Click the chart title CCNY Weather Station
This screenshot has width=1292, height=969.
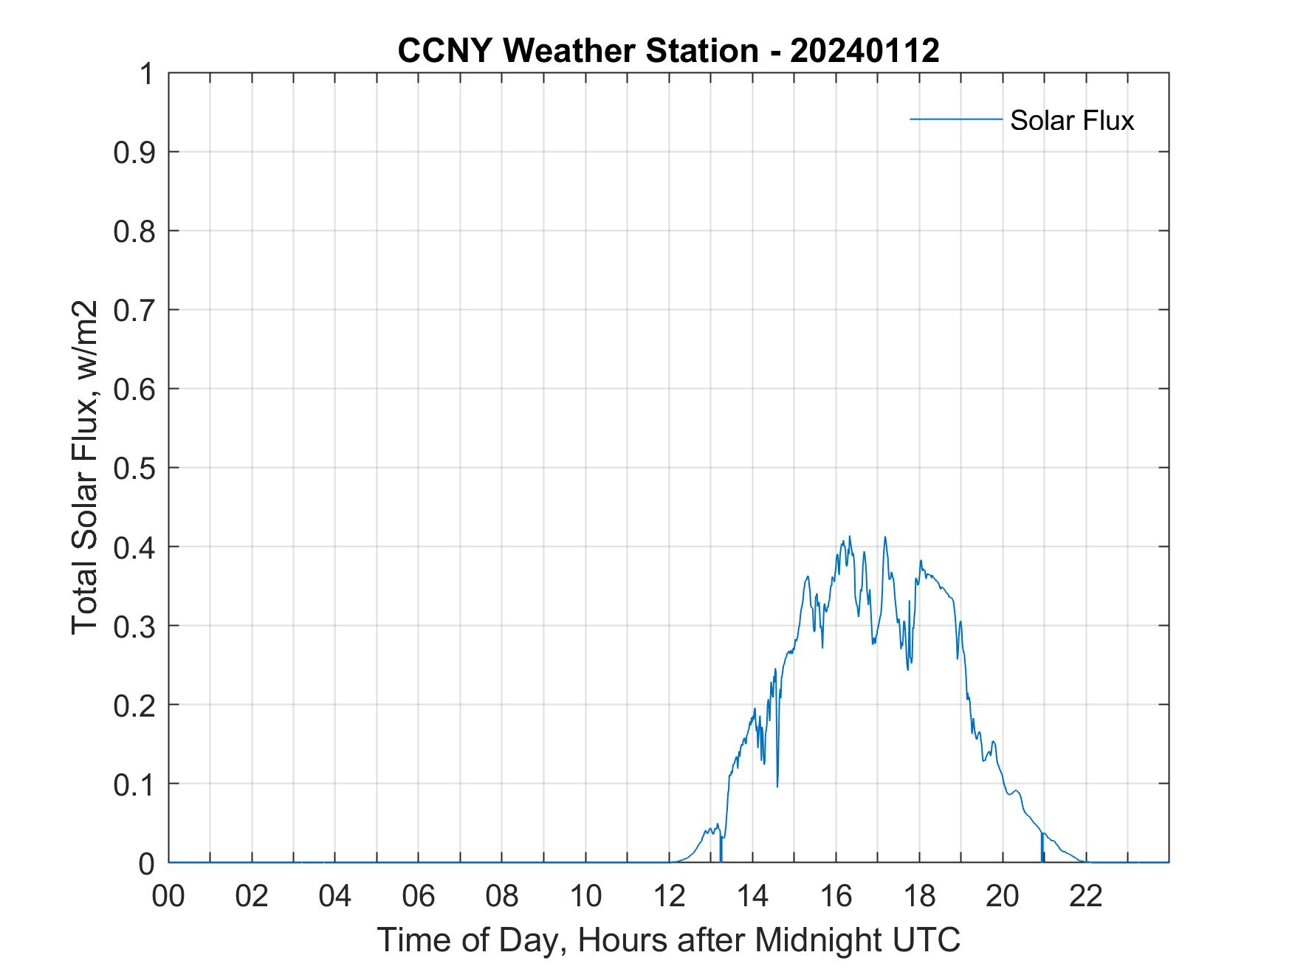[x=577, y=51]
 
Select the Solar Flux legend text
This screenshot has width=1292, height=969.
[x=1071, y=120]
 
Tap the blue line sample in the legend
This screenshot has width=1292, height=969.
[x=955, y=119]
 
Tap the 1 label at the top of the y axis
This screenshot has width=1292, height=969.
[x=145, y=74]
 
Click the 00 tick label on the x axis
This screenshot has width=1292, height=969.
[x=168, y=896]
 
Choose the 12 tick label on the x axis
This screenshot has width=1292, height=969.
[x=669, y=896]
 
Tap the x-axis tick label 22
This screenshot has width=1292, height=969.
[x=1086, y=896]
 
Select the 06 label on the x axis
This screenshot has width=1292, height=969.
[x=419, y=896]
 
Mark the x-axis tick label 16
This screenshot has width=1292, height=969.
[x=836, y=896]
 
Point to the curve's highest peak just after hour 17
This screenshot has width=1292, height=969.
[x=884, y=538]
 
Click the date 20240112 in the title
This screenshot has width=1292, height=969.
[x=865, y=51]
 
